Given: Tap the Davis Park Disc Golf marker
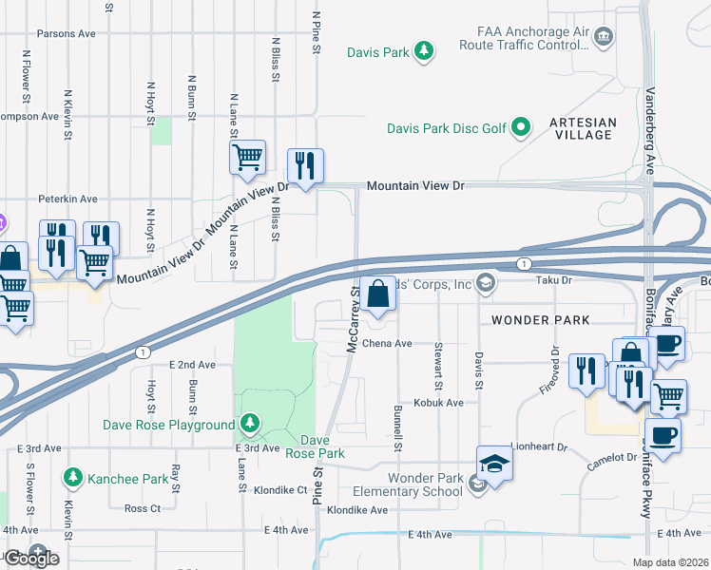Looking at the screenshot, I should (x=521, y=126).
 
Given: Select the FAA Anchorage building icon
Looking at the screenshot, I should (x=604, y=37).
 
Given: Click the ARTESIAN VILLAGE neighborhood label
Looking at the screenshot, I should (x=582, y=128).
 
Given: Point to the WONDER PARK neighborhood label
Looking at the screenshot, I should (x=528, y=321).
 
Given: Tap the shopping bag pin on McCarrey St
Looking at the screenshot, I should (x=378, y=294).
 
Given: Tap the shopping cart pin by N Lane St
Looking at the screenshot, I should (x=248, y=158).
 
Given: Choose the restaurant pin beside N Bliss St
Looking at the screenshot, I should (x=305, y=166).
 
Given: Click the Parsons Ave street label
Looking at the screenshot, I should (x=67, y=33).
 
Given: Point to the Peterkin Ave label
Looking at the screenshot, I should (x=67, y=199).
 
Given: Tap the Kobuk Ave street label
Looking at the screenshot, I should (x=437, y=403).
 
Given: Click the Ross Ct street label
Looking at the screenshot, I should (x=144, y=508).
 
